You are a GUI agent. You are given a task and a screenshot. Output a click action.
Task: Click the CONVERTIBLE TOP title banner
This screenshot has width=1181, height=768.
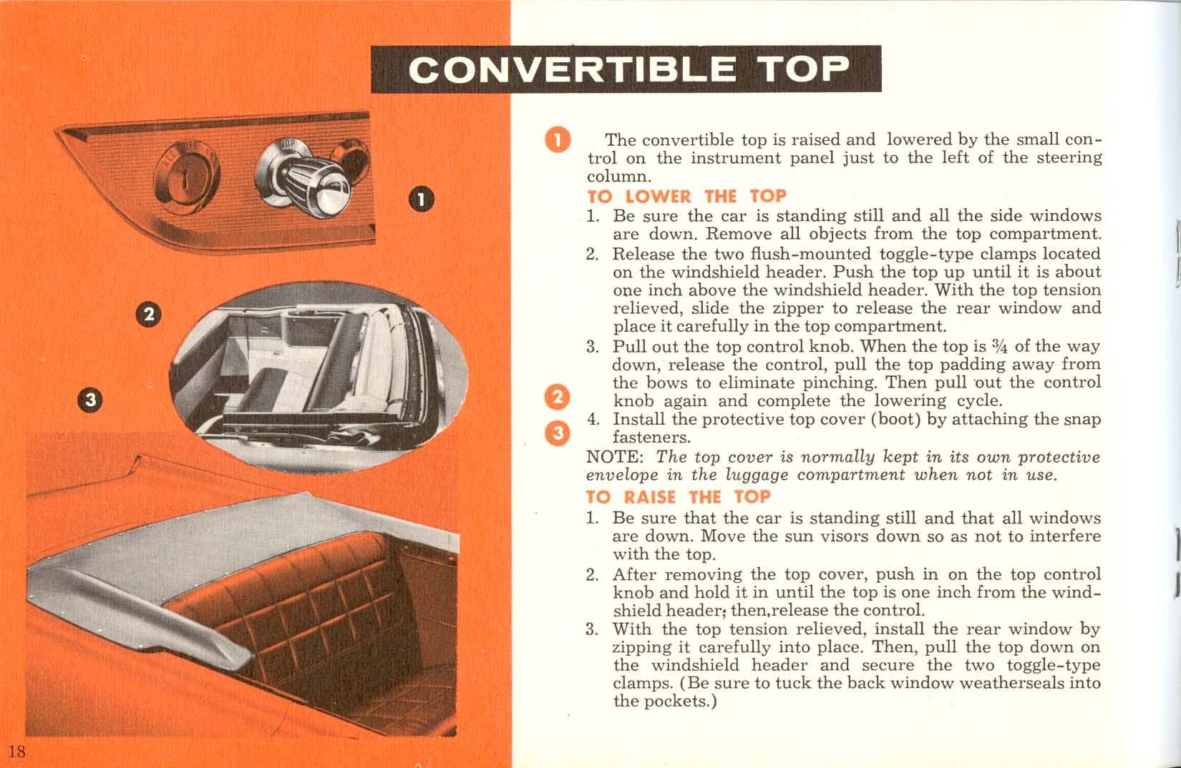click(x=626, y=69)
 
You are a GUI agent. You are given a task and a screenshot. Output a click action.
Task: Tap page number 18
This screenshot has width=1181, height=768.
click(x=17, y=750)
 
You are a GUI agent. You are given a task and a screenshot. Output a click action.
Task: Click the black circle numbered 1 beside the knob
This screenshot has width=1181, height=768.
click(x=422, y=199)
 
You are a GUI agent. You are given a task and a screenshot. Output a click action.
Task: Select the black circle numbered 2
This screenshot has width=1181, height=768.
click(x=149, y=315)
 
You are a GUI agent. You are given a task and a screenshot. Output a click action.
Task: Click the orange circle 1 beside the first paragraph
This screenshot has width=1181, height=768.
click(x=558, y=139)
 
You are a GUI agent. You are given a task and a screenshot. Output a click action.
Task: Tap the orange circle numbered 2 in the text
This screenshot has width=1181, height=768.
click(x=558, y=398)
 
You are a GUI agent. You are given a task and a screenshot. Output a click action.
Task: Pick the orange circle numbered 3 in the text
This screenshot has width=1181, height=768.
click(x=558, y=433)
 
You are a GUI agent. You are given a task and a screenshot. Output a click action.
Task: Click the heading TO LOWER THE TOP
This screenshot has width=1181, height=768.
click(x=686, y=197)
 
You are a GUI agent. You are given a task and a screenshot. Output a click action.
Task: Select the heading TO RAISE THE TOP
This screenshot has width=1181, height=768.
click(x=678, y=497)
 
